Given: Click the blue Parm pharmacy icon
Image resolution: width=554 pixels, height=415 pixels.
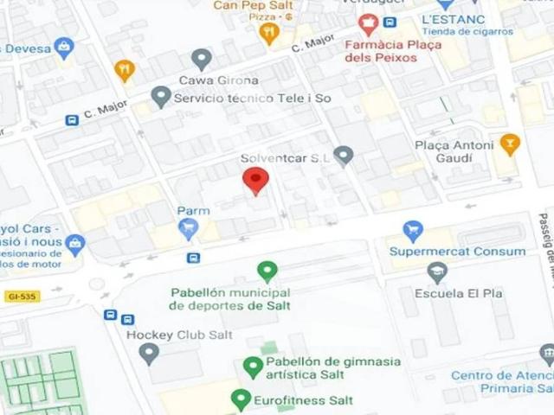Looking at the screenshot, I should pos(188,229).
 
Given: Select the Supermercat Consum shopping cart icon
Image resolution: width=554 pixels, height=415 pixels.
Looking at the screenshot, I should pos(413,232).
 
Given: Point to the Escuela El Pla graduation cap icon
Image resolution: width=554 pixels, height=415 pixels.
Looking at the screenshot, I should pos(437,273).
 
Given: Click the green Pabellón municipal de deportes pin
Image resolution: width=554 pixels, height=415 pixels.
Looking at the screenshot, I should pos(267,271).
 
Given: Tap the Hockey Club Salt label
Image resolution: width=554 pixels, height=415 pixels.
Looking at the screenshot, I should pos(179,335).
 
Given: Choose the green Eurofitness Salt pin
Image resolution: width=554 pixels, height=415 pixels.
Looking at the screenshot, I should pos(242,399).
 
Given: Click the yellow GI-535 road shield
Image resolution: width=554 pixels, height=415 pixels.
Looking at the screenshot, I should pos(23,297).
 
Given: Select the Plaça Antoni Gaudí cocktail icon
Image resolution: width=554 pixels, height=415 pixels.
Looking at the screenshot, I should pos(510,144).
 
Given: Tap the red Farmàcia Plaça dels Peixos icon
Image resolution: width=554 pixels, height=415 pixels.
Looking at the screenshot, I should pos(368,24).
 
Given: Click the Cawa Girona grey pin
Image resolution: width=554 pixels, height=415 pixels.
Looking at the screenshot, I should pos(202,59).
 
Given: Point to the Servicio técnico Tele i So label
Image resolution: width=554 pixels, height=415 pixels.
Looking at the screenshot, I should pos(252,99).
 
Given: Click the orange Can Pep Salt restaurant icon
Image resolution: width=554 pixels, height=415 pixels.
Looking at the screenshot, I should pos(269,33).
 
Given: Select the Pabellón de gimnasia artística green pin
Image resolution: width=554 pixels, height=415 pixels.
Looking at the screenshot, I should pos(252,367).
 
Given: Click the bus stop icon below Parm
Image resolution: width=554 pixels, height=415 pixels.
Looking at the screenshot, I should pos(193,258).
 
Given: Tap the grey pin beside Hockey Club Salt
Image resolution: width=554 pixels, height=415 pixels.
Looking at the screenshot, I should pos(149,353).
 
